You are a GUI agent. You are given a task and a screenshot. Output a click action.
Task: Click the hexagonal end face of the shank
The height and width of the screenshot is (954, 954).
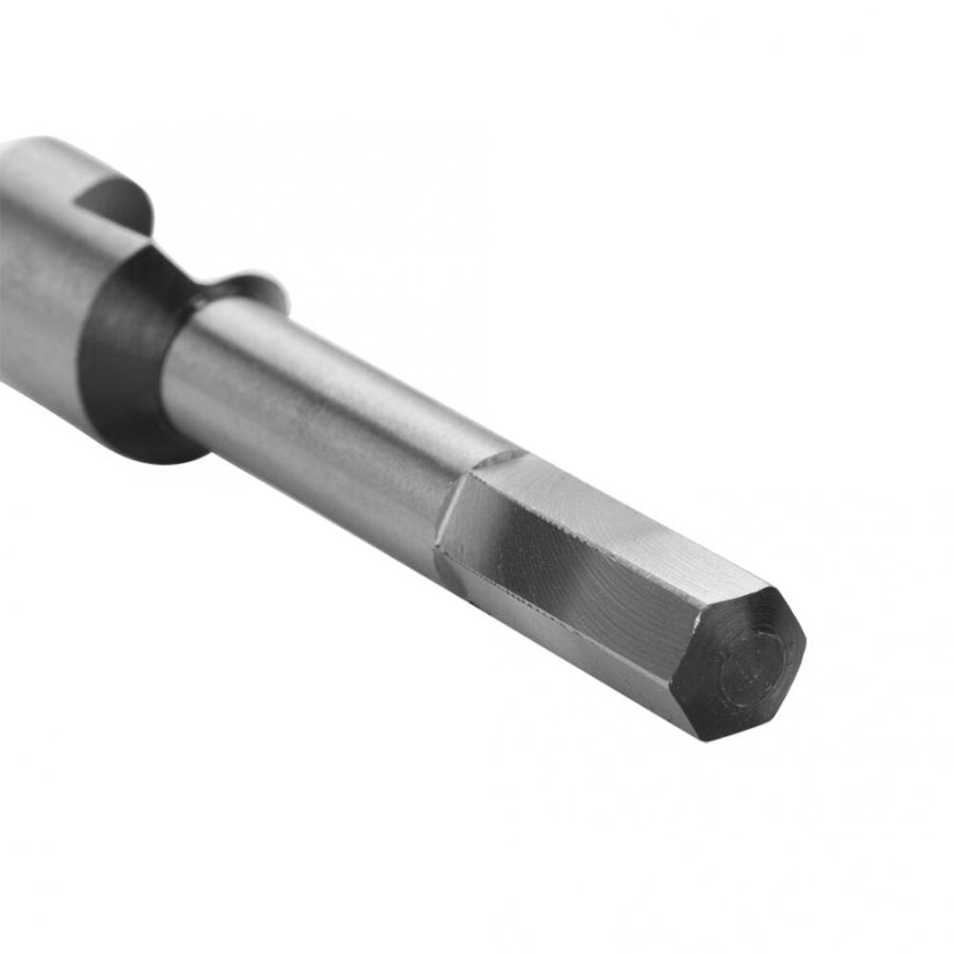[740, 662]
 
